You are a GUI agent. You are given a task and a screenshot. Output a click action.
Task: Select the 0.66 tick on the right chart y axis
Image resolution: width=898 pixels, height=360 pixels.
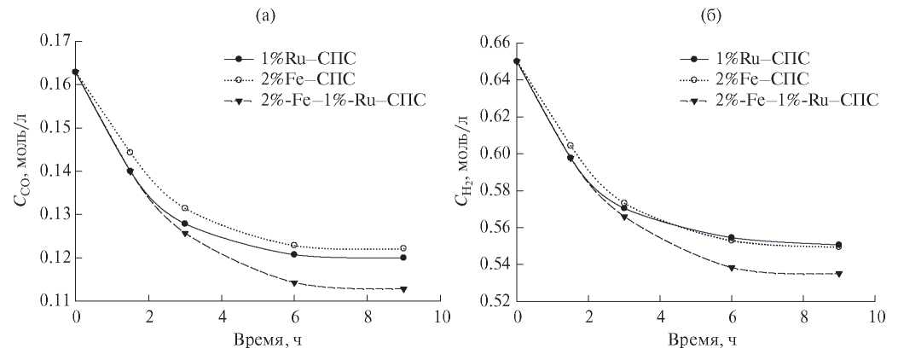pyautogui.click(x=495, y=42)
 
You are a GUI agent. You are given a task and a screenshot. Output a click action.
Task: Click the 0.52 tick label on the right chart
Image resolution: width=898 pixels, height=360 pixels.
pyautogui.click(x=495, y=301)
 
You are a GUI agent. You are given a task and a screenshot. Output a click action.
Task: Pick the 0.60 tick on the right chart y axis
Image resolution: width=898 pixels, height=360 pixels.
pyautogui.click(x=495, y=154)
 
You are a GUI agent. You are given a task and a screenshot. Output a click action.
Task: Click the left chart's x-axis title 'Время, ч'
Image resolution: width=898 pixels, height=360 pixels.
pyautogui.click(x=259, y=341)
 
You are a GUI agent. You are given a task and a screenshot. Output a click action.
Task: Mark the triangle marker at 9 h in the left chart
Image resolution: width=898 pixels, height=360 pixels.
pyautogui.click(x=403, y=289)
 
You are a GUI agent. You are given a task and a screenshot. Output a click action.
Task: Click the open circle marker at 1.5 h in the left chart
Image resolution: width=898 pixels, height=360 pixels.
pyautogui.click(x=130, y=153)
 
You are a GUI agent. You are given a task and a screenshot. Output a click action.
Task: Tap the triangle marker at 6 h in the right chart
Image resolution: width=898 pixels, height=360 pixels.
pyautogui.click(x=732, y=268)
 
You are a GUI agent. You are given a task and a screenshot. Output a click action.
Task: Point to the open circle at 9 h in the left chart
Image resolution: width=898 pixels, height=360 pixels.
pyautogui.click(x=403, y=248)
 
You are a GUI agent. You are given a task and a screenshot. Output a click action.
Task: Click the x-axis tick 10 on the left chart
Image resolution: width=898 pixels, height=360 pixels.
pyautogui.click(x=440, y=316)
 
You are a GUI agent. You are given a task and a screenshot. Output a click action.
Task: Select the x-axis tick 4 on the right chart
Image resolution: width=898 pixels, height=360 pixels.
pyautogui.click(x=661, y=316)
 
